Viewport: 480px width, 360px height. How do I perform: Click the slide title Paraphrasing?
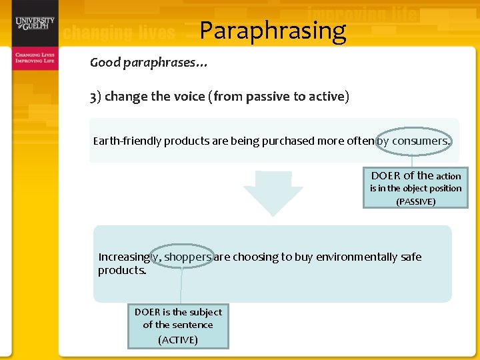coord(273,31)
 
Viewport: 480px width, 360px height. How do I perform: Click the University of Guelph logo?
coord(35,24)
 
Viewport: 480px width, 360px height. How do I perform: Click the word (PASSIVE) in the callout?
coord(415,201)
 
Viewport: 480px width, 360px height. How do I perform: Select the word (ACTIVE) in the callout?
coord(178,339)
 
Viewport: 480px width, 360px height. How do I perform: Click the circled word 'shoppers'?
coord(188,257)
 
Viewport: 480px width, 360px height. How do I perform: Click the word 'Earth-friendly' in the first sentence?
coord(127,141)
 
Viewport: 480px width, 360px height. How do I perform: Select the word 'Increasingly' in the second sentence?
coord(129,257)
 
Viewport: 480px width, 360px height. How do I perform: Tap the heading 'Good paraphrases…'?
coord(149,63)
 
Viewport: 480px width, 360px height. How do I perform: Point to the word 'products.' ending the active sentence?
coord(122,270)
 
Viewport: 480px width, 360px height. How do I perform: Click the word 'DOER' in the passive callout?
coord(385,176)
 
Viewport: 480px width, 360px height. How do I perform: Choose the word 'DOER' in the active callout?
coord(148,312)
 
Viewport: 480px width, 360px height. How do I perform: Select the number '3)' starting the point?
coord(95,96)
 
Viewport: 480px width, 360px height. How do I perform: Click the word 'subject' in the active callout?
coord(205,312)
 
